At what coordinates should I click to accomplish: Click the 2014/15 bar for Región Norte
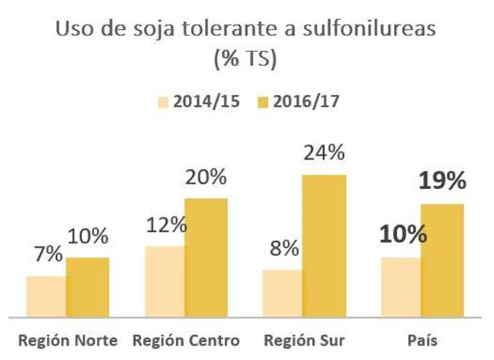[x=46, y=297]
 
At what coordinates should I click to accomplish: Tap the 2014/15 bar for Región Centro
[x=164, y=281]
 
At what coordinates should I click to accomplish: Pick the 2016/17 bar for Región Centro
[x=206, y=257]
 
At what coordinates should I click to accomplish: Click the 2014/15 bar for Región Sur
[x=282, y=293]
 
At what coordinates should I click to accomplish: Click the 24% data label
[x=324, y=154]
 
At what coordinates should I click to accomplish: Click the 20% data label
[x=206, y=177]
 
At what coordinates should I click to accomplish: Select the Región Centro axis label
[x=186, y=341]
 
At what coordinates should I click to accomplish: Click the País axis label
[x=422, y=341]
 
